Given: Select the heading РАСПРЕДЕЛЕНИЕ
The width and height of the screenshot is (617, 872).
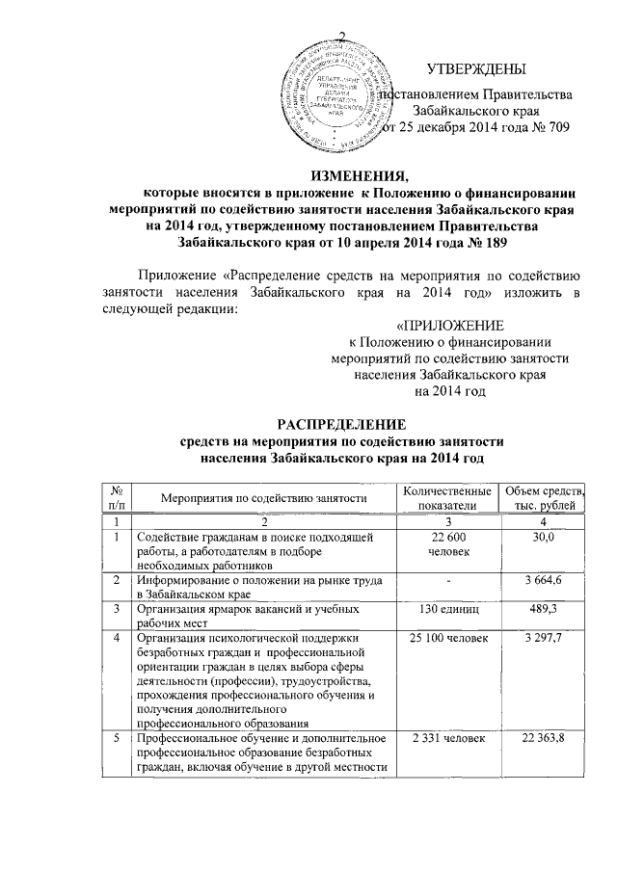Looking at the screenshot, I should coord(342,424).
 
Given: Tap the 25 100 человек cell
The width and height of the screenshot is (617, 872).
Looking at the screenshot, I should coord(446,639).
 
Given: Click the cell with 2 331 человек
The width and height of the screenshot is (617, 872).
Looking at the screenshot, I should coord(446,738).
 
